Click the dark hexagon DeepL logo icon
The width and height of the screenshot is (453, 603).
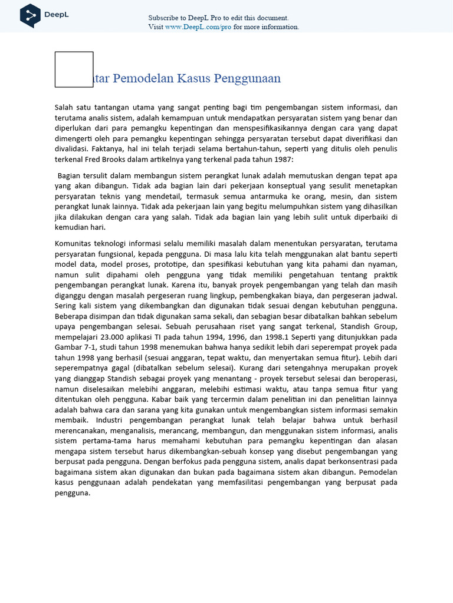tap(30, 15)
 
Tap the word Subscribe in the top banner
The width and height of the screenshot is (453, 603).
tap(163, 18)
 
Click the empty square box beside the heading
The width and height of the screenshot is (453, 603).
tap(74, 69)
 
